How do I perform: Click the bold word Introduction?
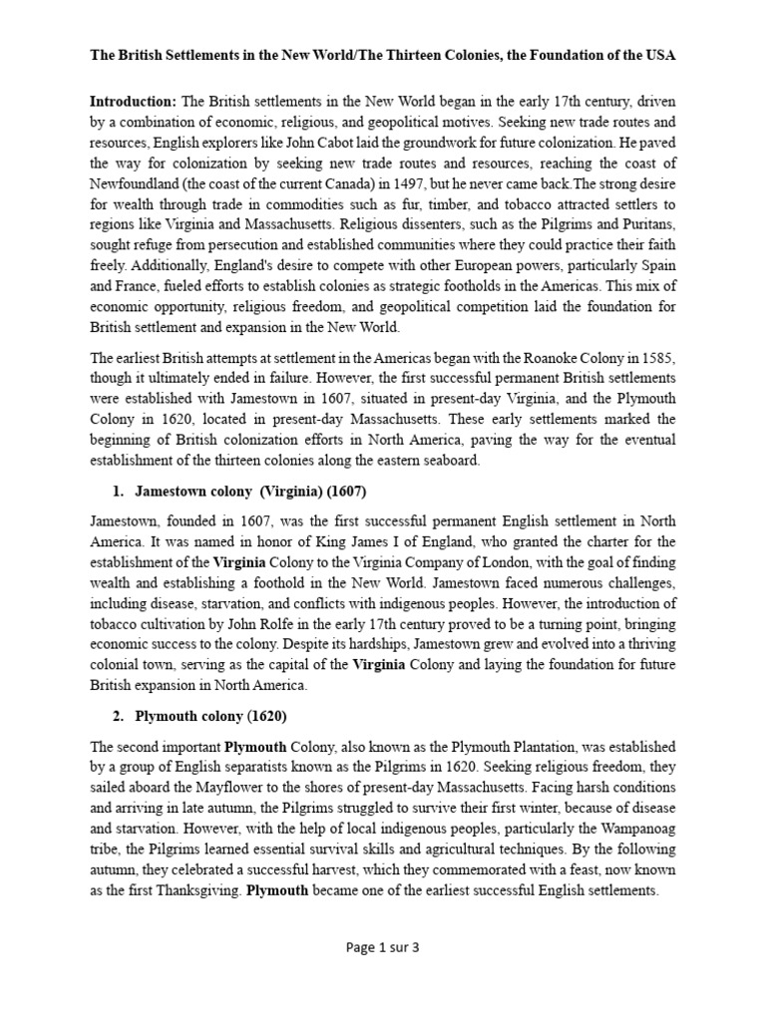click(133, 102)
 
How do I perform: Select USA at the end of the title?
click(659, 57)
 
